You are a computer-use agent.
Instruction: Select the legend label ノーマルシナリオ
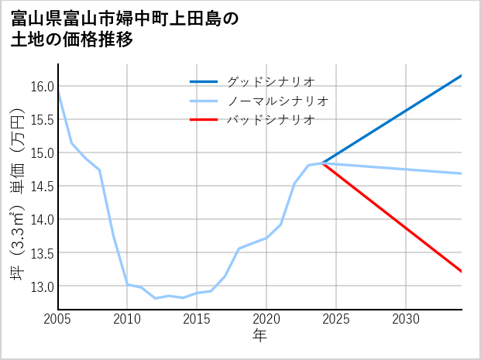click(278, 101)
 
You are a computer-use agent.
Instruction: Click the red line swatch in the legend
click(204, 120)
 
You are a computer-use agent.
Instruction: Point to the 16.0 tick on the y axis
click(43, 86)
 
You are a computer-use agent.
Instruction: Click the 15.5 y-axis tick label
click(43, 119)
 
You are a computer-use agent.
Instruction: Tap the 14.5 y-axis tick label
click(43, 186)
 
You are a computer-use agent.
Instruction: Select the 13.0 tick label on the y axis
click(43, 286)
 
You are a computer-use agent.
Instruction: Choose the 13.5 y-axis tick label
click(43, 253)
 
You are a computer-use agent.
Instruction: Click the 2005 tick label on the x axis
click(57, 319)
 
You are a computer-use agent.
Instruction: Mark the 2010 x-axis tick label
click(127, 319)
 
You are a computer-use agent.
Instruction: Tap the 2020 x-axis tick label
click(266, 319)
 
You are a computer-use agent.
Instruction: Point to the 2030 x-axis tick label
click(406, 319)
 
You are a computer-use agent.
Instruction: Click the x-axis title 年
click(260, 336)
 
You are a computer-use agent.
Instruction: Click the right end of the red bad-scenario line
click(462, 271)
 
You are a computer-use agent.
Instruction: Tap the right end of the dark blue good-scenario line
click(462, 75)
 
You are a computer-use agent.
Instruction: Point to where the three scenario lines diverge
click(322, 163)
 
